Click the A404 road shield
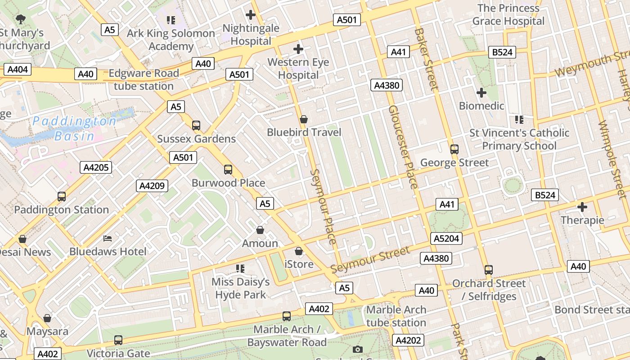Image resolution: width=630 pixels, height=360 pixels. point(18,69)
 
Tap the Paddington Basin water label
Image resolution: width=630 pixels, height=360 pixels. point(75,128)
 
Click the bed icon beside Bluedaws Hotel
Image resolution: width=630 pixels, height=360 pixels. point(108,238)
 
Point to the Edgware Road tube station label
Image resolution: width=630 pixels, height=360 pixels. point(144,80)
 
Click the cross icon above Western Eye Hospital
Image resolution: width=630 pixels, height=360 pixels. point(298,49)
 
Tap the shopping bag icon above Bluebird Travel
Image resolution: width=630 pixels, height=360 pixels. point(304,119)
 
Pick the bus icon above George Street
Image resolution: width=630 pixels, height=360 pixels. point(454,149)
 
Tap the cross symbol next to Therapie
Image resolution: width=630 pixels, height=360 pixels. point(582,207)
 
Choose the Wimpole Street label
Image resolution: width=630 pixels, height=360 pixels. point(613,160)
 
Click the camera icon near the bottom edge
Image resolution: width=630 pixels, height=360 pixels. point(358,349)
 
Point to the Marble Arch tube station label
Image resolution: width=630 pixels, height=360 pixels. point(396,316)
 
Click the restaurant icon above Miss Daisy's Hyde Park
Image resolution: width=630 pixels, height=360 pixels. point(240,269)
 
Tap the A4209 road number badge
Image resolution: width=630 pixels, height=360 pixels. point(152,185)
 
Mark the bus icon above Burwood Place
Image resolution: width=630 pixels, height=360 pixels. point(228,170)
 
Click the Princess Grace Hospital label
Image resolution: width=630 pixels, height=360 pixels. point(508,15)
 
